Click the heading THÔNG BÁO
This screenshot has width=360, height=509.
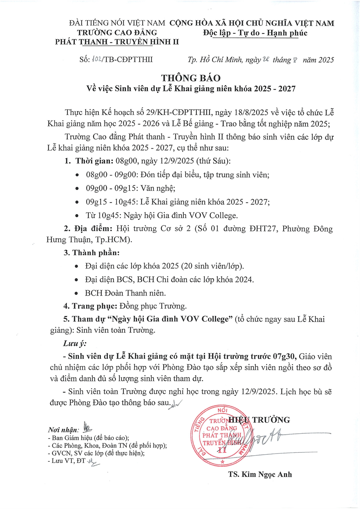coord(191,78)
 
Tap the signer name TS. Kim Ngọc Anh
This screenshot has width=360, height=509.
coord(260,474)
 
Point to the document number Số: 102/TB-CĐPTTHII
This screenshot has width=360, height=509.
coord(116,59)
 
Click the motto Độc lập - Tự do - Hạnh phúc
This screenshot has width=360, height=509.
coord(255,33)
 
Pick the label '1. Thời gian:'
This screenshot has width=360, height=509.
coord(89,161)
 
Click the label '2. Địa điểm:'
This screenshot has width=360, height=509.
coord(88,229)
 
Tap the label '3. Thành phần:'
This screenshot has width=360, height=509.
coord(91,253)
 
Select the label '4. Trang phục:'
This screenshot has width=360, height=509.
coord(90,306)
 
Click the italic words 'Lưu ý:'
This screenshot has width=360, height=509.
coord(75,343)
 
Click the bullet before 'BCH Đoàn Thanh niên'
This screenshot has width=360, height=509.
coord(76,294)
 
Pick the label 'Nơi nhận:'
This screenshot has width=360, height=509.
coord(64,430)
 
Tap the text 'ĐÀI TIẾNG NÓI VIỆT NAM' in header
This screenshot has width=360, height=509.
coord(117,23)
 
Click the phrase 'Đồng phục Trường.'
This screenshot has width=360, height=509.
coord(153,306)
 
